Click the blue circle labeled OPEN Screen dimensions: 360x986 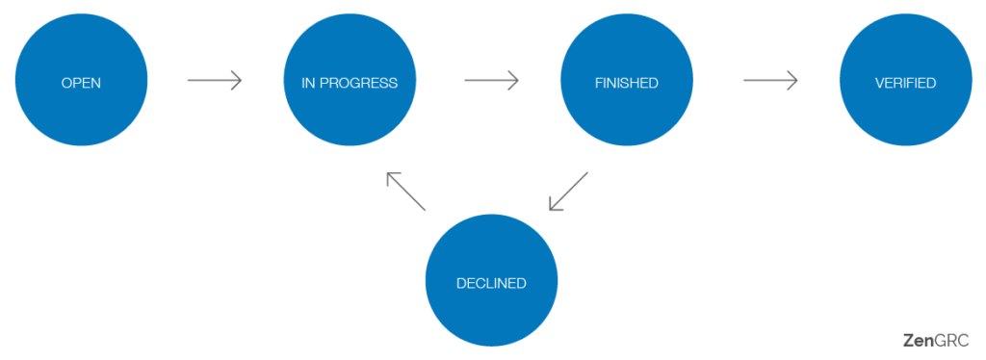pos(81,81)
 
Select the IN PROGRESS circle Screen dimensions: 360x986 pos(350,81)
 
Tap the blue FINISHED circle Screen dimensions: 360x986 pos(627,81)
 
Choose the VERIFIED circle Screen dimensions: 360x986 pos(905,81)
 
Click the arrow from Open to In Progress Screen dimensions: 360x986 pos(214,81)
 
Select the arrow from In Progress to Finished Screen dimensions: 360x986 pos(491,81)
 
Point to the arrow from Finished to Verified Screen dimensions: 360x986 pos(769,81)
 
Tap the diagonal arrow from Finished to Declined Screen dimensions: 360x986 pos(568,192)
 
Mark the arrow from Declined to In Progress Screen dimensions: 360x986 pos(405,192)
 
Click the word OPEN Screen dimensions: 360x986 pos(81,83)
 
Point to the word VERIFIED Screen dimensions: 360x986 pos(905,83)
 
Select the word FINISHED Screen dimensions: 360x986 pos(627,83)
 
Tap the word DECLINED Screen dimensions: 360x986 pos(491,283)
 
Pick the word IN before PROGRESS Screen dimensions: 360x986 pos(308,83)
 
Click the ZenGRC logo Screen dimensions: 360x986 pos(936,340)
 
